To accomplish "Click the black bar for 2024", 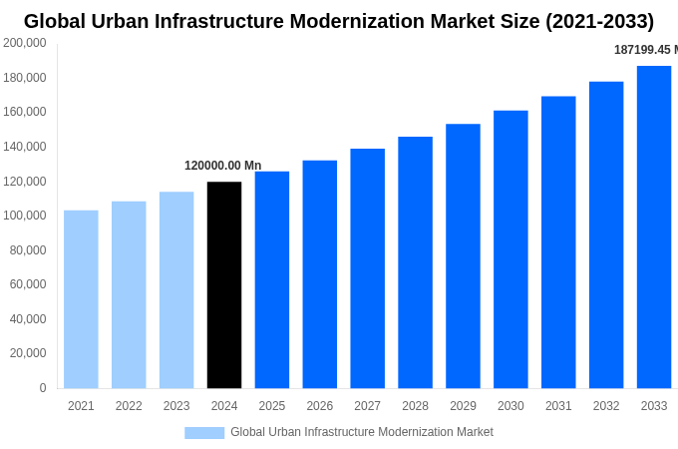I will [x=224, y=284].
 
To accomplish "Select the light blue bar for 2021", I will [x=81, y=298].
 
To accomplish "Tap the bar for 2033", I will [x=654, y=226].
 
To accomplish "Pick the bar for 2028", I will [x=415, y=262].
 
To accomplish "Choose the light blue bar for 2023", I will [x=176, y=289].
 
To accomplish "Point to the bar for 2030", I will [x=510, y=249].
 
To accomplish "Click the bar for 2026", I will [x=320, y=273].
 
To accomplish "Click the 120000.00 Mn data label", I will [x=222, y=166].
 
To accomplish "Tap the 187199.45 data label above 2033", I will [x=644, y=50].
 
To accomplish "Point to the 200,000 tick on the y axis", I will [x=25, y=43].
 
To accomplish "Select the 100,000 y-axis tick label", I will [x=25, y=216].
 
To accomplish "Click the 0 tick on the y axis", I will [x=42, y=388].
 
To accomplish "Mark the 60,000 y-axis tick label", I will [x=28, y=284].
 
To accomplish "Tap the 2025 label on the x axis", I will [x=272, y=406].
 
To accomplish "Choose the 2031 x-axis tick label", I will [x=558, y=406].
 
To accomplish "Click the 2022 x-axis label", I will [x=129, y=406].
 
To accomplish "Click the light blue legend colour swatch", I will [x=204, y=432].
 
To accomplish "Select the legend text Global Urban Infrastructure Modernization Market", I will [x=362, y=432].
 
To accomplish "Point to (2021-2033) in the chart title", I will [x=599, y=21].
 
